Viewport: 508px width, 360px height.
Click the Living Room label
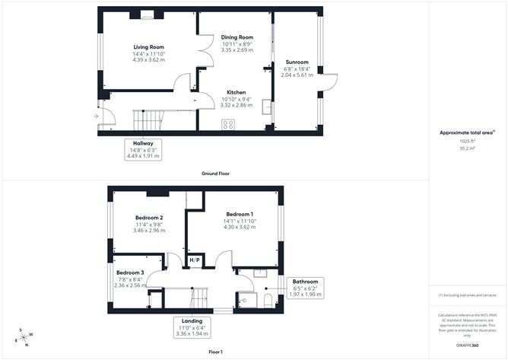[149, 47]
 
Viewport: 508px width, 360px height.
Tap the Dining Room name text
[237, 37]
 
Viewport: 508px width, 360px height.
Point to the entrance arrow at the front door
[95, 116]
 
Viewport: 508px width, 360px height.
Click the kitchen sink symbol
[266, 107]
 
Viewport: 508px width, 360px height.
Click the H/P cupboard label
[194, 260]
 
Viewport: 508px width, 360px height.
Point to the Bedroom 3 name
[130, 272]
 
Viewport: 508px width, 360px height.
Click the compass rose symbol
[26, 337]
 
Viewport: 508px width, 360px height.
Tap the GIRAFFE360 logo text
[467, 345]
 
